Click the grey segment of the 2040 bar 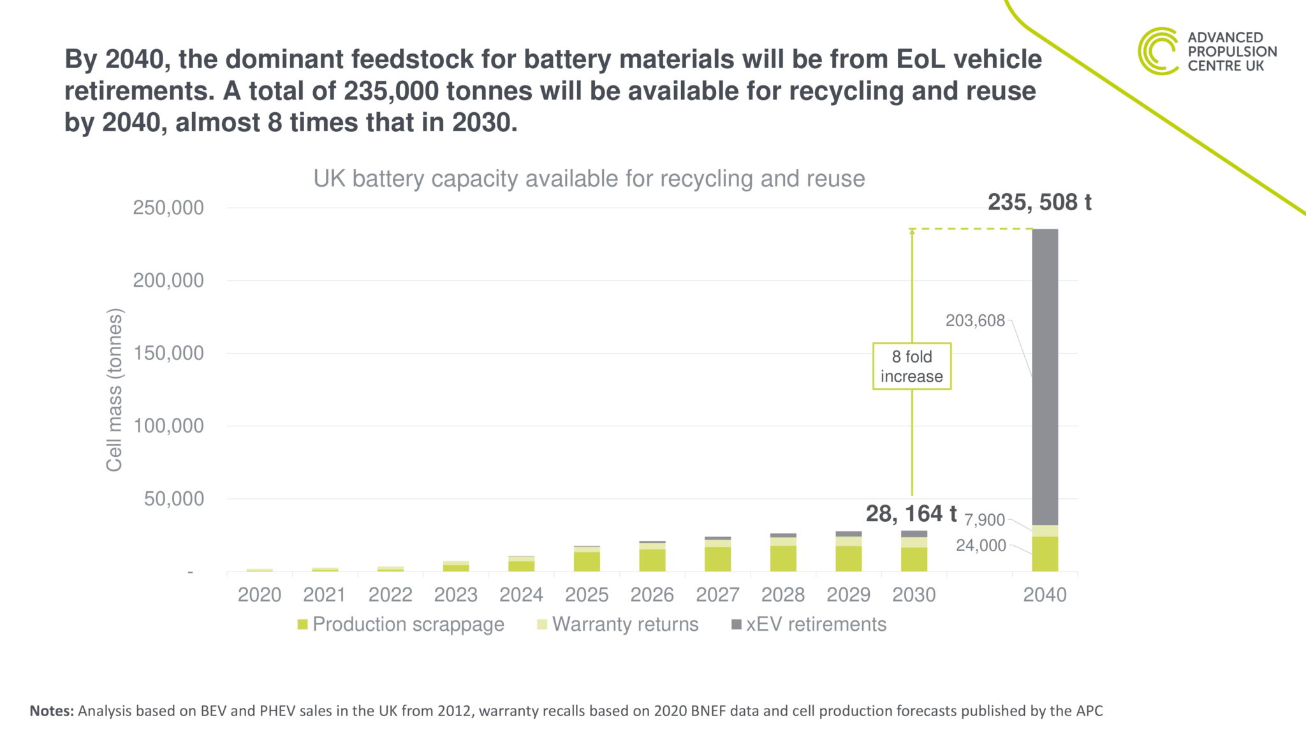click(1045, 376)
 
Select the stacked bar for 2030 click(914, 552)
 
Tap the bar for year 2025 click(587, 559)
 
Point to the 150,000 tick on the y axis click(168, 353)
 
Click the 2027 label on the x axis click(717, 594)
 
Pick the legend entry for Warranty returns click(618, 624)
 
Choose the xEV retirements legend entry click(809, 624)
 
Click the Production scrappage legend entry click(400, 624)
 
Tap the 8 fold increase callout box click(911, 366)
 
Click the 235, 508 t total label click(1039, 202)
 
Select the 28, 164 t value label click(911, 513)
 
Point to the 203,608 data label click(974, 320)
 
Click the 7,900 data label click(984, 520)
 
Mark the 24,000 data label click(980, 545)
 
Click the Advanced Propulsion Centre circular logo click(1157, 51)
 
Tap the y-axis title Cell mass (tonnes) click(114, 390)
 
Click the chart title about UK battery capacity click(589, 178)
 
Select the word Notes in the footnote click(52, 710)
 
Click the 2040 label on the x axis click(1045, 594)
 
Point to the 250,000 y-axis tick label click(168, 208)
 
